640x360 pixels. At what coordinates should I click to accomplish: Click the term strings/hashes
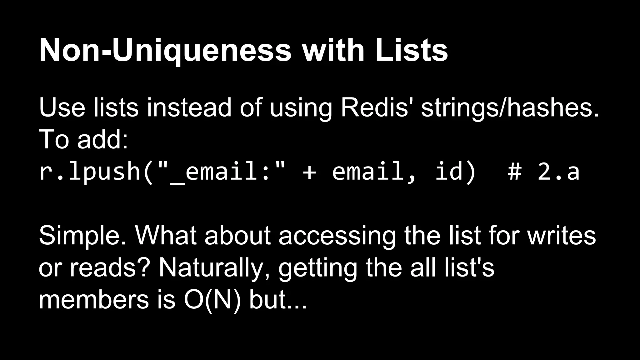point(510,108)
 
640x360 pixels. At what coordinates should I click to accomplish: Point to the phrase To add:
point(83,140)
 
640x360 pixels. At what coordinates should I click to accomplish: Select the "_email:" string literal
point(221,172)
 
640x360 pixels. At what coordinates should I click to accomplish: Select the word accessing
point(337,236)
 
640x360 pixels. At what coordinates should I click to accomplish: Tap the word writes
point(562,236)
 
